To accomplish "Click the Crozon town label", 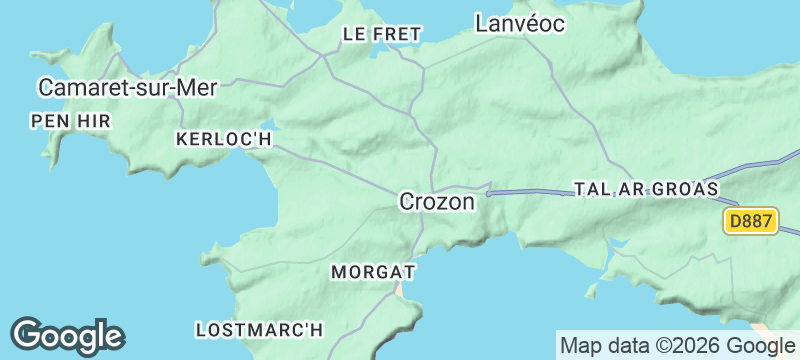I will [x=436, y=201].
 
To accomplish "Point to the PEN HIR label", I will [x=71, y=120].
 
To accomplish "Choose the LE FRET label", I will [x=382, y=34].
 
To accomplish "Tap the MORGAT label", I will [x=373, y=272].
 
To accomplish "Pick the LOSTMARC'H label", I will [x=260, y=328].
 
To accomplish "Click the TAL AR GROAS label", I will [x=646, y=188].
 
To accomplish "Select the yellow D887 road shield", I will [x=750, y=222].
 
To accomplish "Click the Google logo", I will [x=67, y=337].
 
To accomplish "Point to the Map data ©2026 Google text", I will [x=675, y=346].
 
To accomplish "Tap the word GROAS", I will [x=688, y=188].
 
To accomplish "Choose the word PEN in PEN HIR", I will [x=49, y=120].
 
